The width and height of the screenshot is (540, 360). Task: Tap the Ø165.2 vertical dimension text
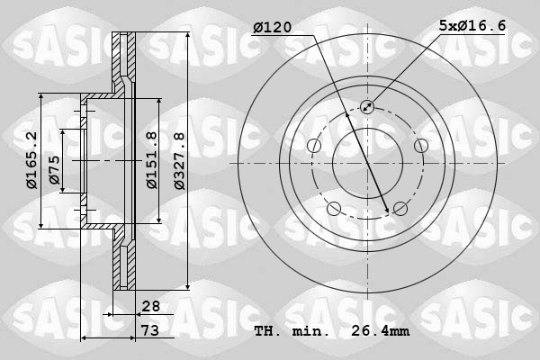point(31,160)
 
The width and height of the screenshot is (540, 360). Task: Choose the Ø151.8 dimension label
point(153,159)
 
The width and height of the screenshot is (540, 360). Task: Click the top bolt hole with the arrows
point(367,107)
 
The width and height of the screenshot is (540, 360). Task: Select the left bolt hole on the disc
point(314,146)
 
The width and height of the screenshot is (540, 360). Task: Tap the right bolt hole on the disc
point(420,146)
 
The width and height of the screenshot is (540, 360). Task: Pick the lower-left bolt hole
point(334,209)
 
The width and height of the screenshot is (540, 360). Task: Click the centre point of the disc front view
point(367,163)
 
